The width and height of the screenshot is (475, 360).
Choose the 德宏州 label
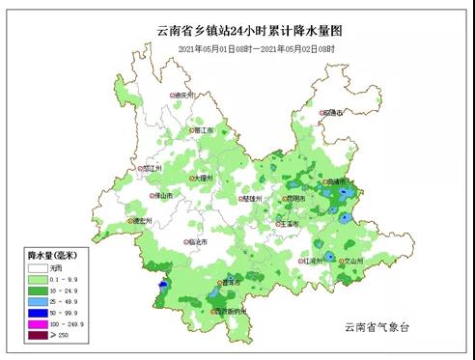click(x=143, y=221)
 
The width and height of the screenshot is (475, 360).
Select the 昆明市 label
click(x=293, y=199)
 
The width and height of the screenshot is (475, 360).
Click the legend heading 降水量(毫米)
click(x=47, y=254)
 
